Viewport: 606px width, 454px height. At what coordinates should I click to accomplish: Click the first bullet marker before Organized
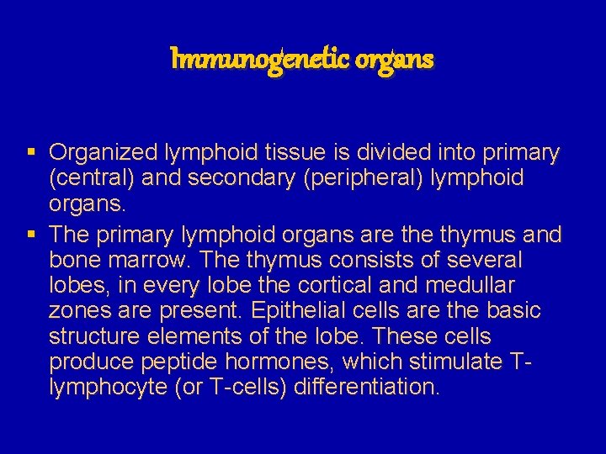[x=30, y=152]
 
